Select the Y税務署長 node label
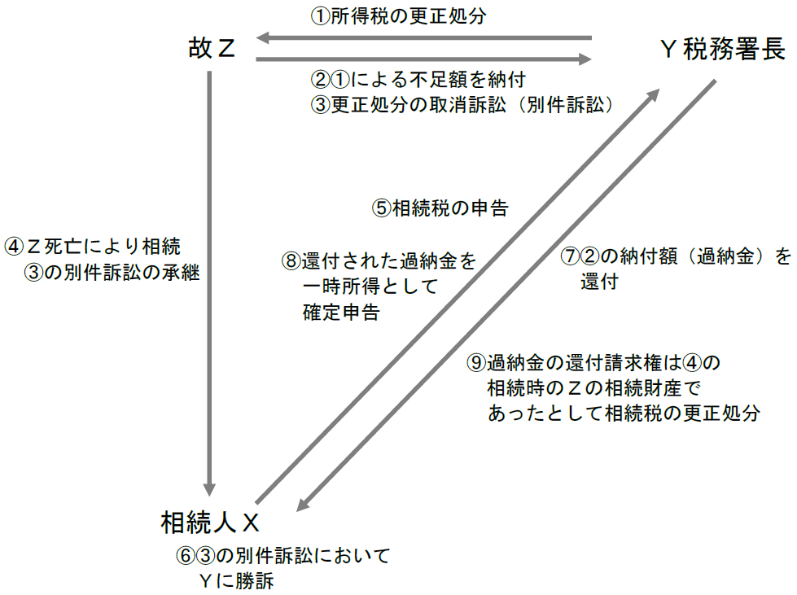722,50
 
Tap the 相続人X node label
210,521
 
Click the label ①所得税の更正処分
398,16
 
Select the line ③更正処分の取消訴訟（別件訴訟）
462,106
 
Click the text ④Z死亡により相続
98,246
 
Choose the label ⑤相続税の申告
440,208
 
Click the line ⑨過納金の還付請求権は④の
595,361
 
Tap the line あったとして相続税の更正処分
624,413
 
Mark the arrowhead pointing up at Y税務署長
654,96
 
